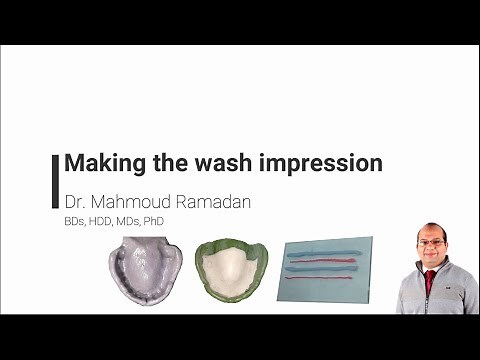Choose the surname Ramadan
[214, 201]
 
